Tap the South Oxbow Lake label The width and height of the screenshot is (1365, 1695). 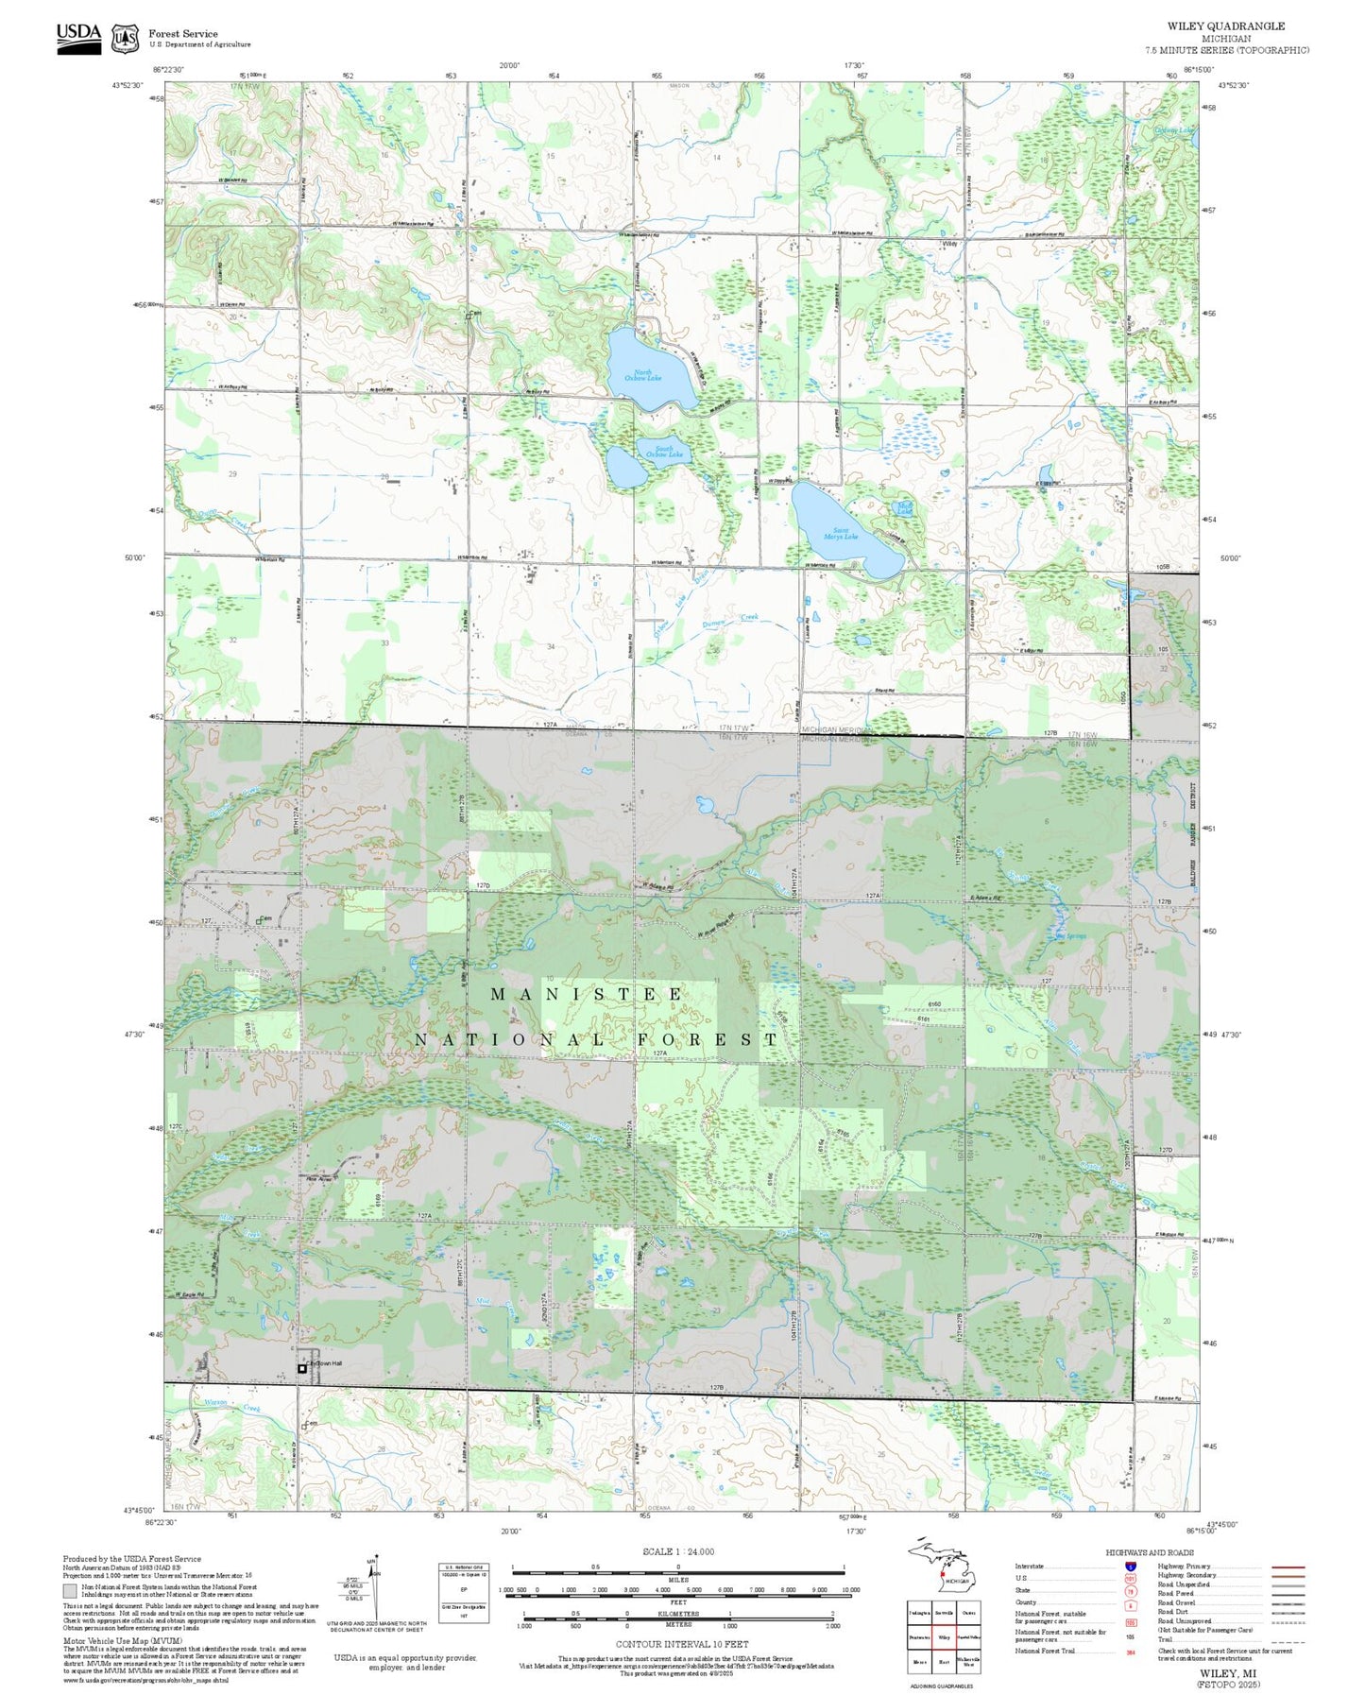point(663,452)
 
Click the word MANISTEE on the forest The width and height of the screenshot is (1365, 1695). point(587,995)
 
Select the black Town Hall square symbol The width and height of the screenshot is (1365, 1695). point(302,1367)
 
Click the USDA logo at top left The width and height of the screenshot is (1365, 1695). point(78,38)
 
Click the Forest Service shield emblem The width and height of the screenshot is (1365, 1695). point(125,39)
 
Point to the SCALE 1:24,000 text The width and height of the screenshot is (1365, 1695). point(678,1551)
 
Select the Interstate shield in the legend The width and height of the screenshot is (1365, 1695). point(1130,1566)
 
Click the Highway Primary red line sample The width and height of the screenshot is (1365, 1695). point(1288,1567)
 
